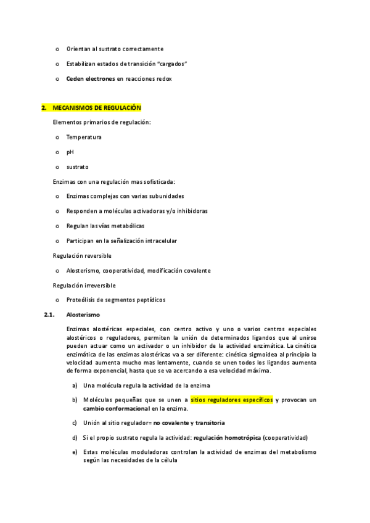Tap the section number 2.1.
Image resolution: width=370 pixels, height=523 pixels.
[x=49, y=315]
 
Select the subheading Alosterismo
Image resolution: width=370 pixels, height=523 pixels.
[x=83, y=315]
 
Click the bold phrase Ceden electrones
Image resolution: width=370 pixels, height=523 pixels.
[x=90, y=79]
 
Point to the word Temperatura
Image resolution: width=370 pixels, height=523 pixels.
[x=84, y=137]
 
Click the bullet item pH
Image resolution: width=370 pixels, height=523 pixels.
[x=70, y=152]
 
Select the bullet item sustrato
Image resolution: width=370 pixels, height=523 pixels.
[x=78, y=167]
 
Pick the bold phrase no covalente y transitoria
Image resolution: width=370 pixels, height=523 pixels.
[x=189, y=422]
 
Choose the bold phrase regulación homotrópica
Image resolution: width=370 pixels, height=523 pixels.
[x=227, y=437]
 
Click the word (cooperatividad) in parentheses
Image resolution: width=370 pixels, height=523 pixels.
[x=285, y=437]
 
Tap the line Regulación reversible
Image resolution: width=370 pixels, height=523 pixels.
[x=82, y=255]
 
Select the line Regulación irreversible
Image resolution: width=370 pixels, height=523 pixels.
[x=84, y=286]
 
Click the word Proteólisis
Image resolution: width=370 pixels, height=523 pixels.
[x=83, y=300]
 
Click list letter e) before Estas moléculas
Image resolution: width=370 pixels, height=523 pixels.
[x=75, y=452]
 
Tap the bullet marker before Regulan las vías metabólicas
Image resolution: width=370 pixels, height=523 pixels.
[x=57, y=226]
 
